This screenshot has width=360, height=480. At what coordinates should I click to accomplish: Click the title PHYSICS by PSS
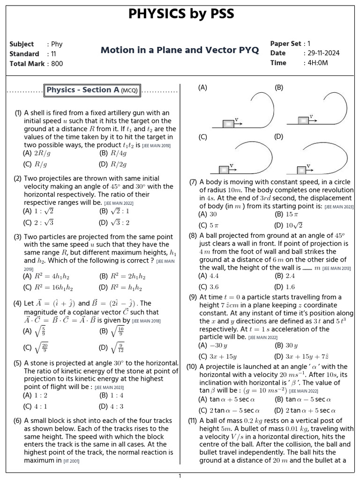(180, 15)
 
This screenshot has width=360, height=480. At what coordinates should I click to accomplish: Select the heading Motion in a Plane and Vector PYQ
(180, 50)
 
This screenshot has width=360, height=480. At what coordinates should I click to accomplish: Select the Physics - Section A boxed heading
(92, 90)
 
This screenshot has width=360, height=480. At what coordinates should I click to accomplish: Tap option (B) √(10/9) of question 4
(111, 332)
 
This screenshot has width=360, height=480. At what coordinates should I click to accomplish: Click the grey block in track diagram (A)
(228, 124)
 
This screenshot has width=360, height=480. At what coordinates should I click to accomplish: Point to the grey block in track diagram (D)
(302, 169)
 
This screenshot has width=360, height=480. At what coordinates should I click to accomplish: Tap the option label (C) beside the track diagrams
(202, 137)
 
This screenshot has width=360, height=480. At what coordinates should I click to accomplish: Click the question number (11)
(193, 420)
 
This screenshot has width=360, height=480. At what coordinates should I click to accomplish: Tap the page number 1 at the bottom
(180, 476)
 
